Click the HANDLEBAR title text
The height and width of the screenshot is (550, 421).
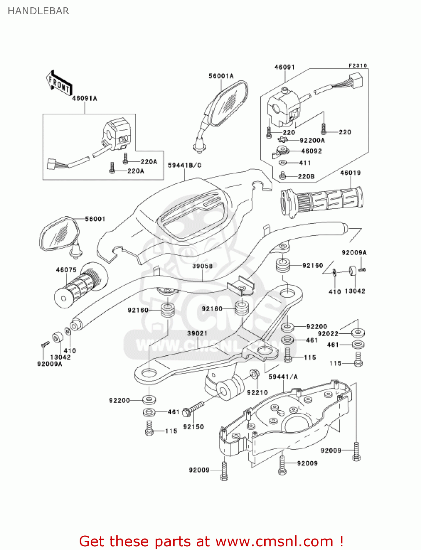coord(38,11)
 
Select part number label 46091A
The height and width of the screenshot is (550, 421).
coord(84,98)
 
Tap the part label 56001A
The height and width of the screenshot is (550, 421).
coord(221,76)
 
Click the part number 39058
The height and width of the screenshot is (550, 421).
coord(202,265)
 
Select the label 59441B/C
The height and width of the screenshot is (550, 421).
coord(185,165)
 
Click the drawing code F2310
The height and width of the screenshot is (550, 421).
coord(358,66)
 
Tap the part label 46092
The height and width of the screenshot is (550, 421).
coord(311,151)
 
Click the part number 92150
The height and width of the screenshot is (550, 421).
coord(193,426)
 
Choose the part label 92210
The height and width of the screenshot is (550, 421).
coord(257,392)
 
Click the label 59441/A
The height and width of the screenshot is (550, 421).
coord(283,377)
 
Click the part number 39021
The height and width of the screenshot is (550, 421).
coord(197,333)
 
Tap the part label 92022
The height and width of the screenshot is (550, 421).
coord(328,333)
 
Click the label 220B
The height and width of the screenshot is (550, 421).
coord(306,176)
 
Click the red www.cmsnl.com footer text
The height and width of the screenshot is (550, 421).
coord(211,541)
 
